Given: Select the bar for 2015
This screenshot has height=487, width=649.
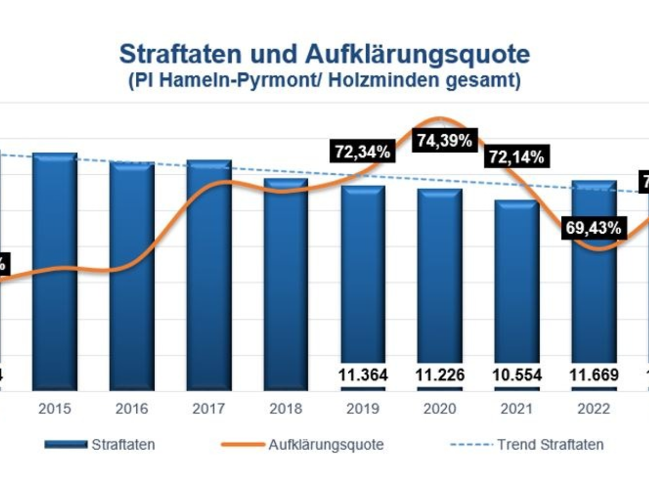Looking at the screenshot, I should (55, 271).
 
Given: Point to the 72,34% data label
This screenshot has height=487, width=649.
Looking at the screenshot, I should (362, 151).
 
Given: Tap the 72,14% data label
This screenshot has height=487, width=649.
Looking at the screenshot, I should (516, 157).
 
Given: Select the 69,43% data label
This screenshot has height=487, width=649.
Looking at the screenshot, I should (594, 228).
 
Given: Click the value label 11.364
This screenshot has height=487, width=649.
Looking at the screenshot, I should (362, 375).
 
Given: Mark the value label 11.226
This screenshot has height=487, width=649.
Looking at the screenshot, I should (440, 375).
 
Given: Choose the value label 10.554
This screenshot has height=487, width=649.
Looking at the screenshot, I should (516, 375).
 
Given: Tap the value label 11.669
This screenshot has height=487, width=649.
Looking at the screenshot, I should (594, 375).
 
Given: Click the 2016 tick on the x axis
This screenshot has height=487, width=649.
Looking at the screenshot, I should (132, 409).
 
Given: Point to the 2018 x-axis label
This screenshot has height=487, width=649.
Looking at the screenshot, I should (286, 409).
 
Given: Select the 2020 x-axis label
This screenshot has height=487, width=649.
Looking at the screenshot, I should (440, 409).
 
